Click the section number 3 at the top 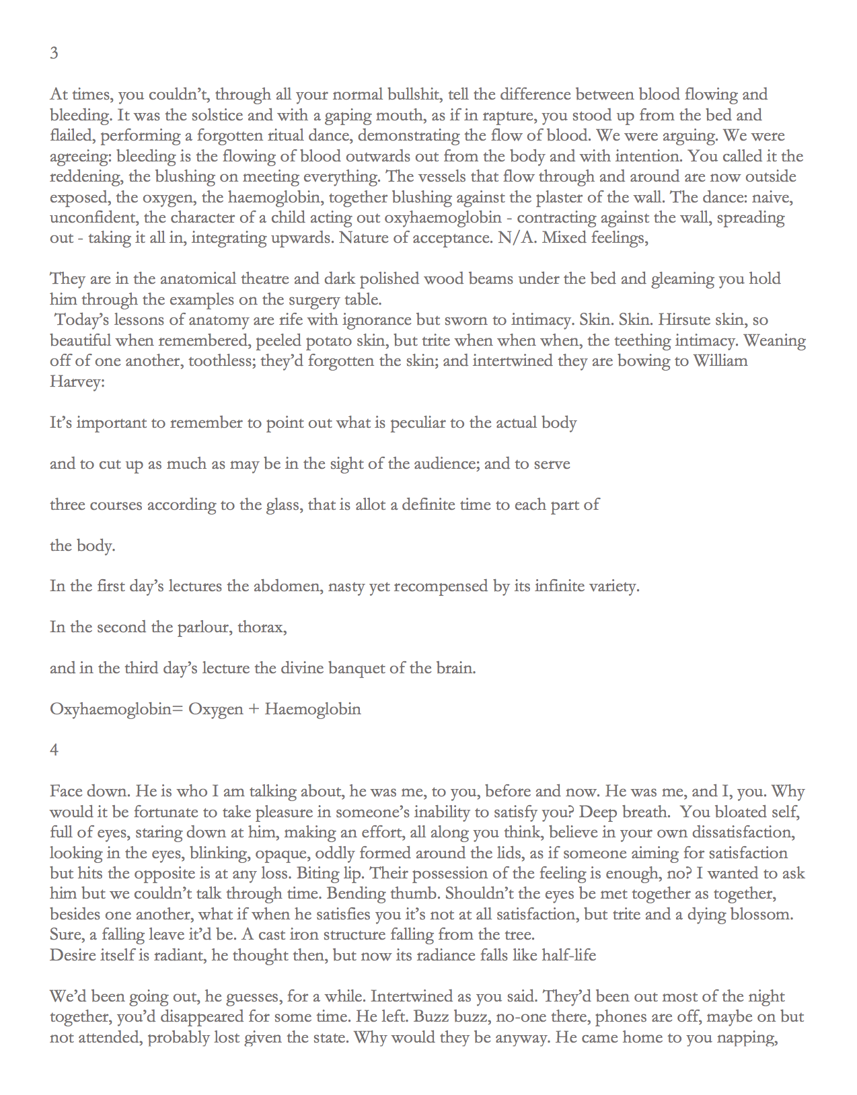click(54, 53)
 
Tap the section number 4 click(54, 749)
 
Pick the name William click(720, 361)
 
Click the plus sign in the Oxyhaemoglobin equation click(254, 709)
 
